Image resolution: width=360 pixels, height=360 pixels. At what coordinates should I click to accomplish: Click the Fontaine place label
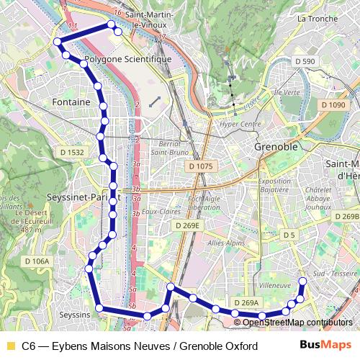pyautogui.click(x=71, y=102)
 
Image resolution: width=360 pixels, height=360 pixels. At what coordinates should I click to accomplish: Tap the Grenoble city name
pyautogui.click(x=276, y=146)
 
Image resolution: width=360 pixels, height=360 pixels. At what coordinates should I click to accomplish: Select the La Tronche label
pyautogui.click(x=312, y=18)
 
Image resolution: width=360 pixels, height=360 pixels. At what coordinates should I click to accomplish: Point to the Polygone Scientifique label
pyautogui.click(x=128, y=59)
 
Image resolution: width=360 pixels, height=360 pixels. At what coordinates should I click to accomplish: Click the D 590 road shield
pyautogui.click(x=305, y=62)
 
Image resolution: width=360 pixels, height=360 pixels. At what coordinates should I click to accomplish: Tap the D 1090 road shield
pyautogui.click(x=333, y=105)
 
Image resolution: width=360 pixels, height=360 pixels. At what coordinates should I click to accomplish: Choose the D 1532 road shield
pyautogui.click(x=72, y=153)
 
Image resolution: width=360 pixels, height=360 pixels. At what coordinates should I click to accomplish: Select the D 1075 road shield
pyautogui.click(x=200, y=166)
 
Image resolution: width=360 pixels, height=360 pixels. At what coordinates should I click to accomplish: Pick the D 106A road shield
pyautogui.click(x=37, y=261)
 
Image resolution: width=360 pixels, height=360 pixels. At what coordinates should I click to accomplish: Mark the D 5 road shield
pyautogui.click(x=289, y=235)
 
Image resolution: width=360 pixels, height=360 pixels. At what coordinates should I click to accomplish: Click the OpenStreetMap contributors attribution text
pyautogui.click(x=297, y=322)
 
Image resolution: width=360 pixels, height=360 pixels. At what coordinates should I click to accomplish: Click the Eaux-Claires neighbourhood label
pyautogui.click(x=159, y=212)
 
